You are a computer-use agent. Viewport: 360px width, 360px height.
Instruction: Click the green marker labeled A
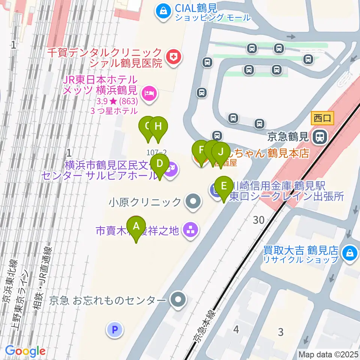136,226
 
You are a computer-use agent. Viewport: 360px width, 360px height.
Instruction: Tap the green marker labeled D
159,164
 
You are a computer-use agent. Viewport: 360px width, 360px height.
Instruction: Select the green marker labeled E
224,186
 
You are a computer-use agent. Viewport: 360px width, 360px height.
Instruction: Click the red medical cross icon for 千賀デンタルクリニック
173,57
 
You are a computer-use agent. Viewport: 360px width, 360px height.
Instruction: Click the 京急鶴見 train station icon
320,136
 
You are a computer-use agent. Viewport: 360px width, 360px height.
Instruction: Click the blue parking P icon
115,330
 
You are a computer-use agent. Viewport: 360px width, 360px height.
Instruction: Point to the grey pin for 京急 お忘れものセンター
177,300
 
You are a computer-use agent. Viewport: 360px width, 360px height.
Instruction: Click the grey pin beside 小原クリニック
193,202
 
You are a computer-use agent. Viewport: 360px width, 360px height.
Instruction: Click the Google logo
25,351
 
